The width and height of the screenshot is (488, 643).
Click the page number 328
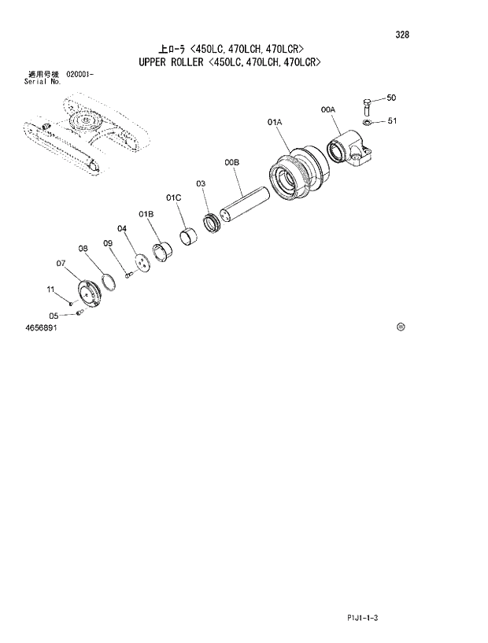point(402,35)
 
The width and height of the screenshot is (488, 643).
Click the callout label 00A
point(328,110)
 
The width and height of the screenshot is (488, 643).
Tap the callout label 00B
point(231,162)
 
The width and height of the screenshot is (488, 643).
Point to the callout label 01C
point(173,197)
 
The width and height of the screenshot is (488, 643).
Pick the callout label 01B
point(146,213)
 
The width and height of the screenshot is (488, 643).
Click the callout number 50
point(391,98)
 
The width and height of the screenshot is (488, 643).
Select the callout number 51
point(391,121)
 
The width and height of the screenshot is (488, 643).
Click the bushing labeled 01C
point(190,235)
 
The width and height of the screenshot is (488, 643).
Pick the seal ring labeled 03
point(213,223)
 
